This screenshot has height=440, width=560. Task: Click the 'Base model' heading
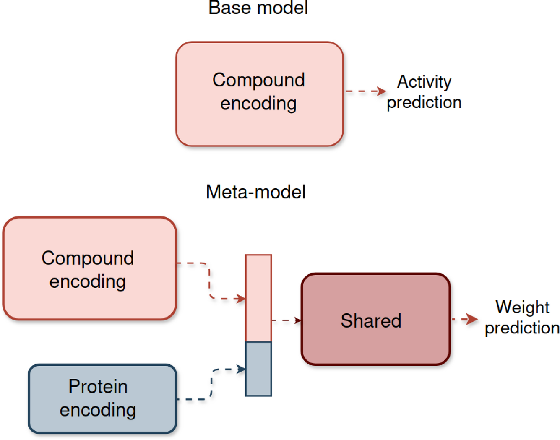[258, 8]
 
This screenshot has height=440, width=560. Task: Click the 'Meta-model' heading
[255, 192]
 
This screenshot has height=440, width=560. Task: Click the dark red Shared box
[375, 344]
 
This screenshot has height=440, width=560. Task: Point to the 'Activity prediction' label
[424, 92]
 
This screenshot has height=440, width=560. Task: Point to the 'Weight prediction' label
[522, 318]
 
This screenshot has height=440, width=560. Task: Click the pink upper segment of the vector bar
[258, 298]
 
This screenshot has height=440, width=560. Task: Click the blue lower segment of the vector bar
[258, 369]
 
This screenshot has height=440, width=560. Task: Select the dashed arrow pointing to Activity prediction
[365, 91]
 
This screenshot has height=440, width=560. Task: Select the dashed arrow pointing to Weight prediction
[465, 320]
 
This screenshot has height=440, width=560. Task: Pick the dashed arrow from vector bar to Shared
[287, 320]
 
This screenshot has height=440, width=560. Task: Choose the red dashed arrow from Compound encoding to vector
[210, 281]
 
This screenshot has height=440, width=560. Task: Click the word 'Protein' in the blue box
[98, 386]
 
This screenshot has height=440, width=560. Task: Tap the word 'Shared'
[371, 321]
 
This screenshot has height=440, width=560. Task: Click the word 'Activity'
[424, 82]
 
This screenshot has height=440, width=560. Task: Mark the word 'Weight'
[522, 307]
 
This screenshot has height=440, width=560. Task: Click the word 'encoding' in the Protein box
[98, 410]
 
